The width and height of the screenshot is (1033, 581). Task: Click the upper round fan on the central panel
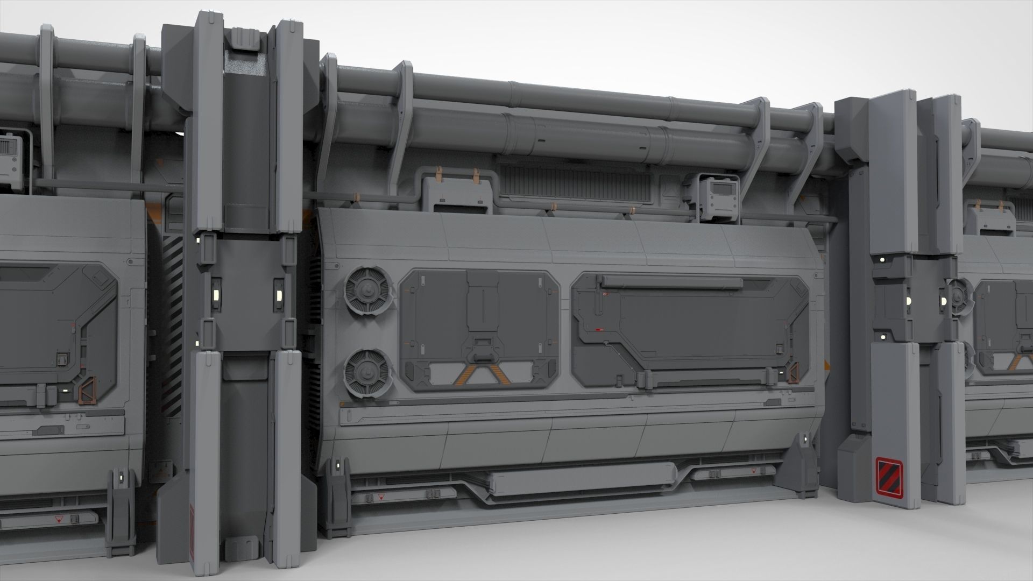[x=366, y=291]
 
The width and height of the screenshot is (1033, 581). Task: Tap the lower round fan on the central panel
[x=366, y=372]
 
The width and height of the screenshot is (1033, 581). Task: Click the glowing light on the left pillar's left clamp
[x=215, y=295]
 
